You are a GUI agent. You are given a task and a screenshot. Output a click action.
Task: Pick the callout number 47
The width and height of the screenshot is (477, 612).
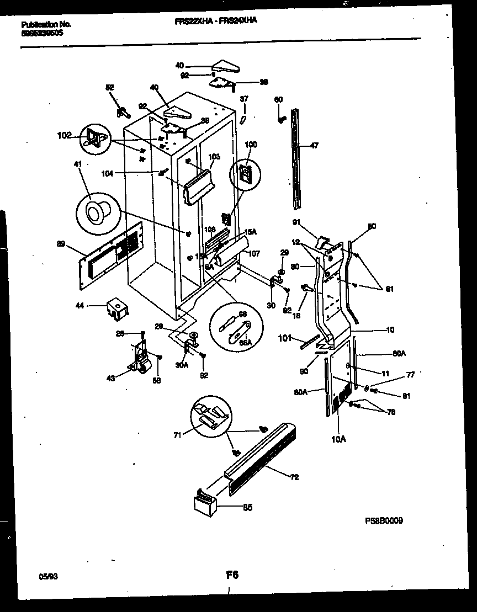[314, 146]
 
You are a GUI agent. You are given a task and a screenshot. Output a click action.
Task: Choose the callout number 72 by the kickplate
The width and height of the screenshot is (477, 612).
[295, 477]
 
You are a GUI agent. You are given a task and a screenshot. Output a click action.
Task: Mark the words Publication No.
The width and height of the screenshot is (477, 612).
[46, 24]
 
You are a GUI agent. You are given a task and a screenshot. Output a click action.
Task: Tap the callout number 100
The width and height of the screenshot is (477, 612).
[250, 145]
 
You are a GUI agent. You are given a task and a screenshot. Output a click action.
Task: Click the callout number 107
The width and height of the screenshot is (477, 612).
[254, 254]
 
